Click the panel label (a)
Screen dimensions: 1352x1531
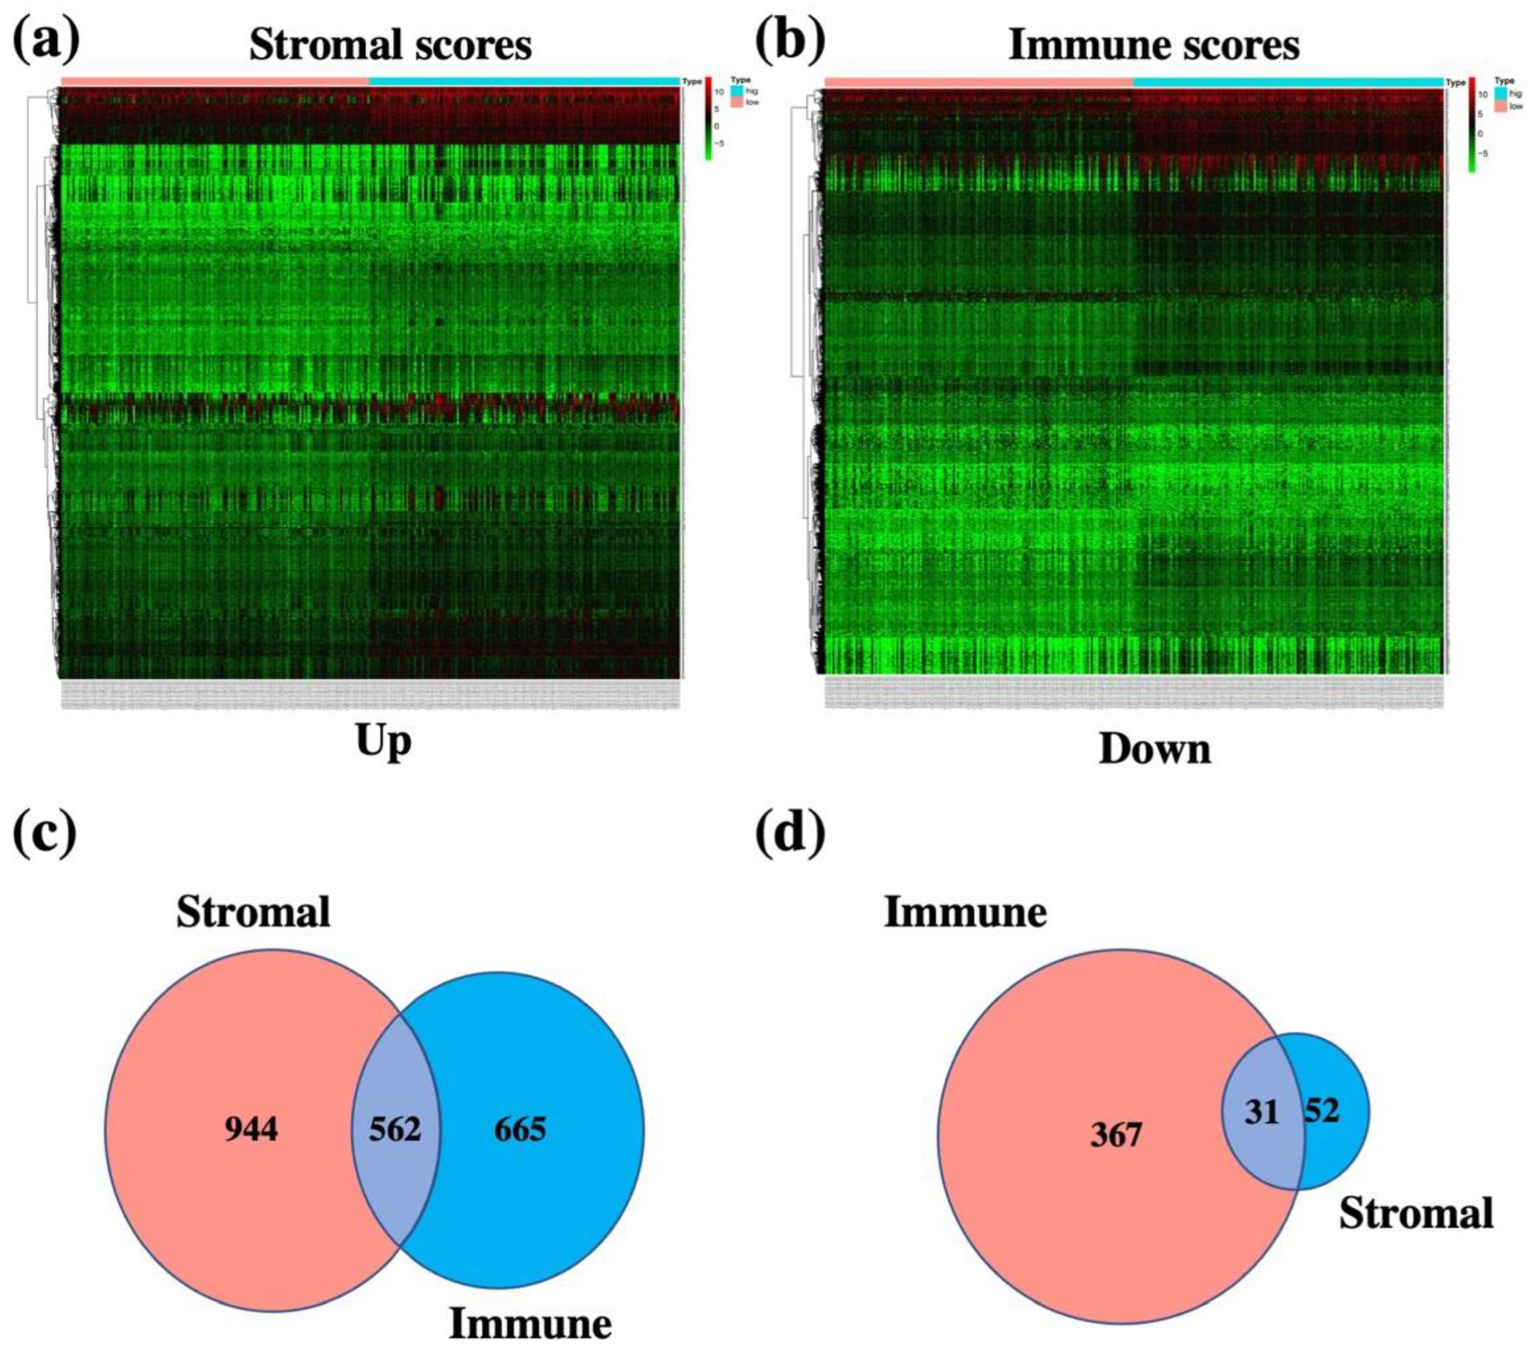[x=47, y=43]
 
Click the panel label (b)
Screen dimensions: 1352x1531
[x=790, y=43]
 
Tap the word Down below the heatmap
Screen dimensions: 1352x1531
[x=1154, y=749]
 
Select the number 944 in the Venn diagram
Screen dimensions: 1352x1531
[x=251, y=1129]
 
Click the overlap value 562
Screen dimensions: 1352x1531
[x=395, y=1129]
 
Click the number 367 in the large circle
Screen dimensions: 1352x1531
[x=1116, y=1136]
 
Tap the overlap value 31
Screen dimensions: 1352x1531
[x=1261, y=1112]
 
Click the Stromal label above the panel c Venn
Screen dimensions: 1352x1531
[x=253, y=913]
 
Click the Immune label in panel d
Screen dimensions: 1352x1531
[x=966, y=913]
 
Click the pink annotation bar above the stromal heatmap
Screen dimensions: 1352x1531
[x=215, y=80]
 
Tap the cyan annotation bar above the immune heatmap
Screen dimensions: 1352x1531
[x=1288, y=81]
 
